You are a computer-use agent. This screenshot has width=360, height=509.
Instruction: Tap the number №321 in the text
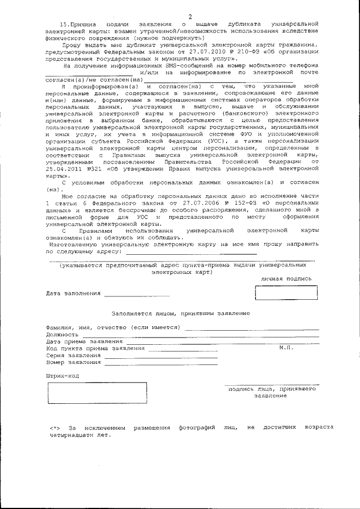(x=93, y=168)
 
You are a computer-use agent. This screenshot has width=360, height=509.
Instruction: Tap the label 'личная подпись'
(x=286, y=278)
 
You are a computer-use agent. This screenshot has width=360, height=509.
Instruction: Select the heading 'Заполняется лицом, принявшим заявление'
(x=181, y=313)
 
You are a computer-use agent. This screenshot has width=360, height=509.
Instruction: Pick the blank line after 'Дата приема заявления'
(x=222, y=341)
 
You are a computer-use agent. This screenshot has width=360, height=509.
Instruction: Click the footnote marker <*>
(x=55, y=428)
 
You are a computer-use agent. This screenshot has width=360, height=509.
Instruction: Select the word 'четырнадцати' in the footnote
(x=70, y=435)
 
